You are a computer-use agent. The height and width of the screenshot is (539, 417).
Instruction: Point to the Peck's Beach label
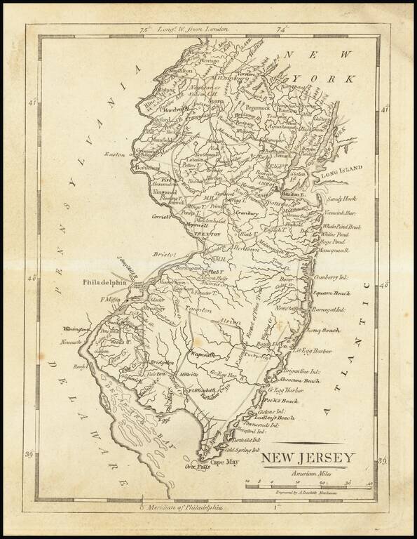[282, 400]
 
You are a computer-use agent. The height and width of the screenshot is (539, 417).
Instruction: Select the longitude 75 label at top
[145, 29]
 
